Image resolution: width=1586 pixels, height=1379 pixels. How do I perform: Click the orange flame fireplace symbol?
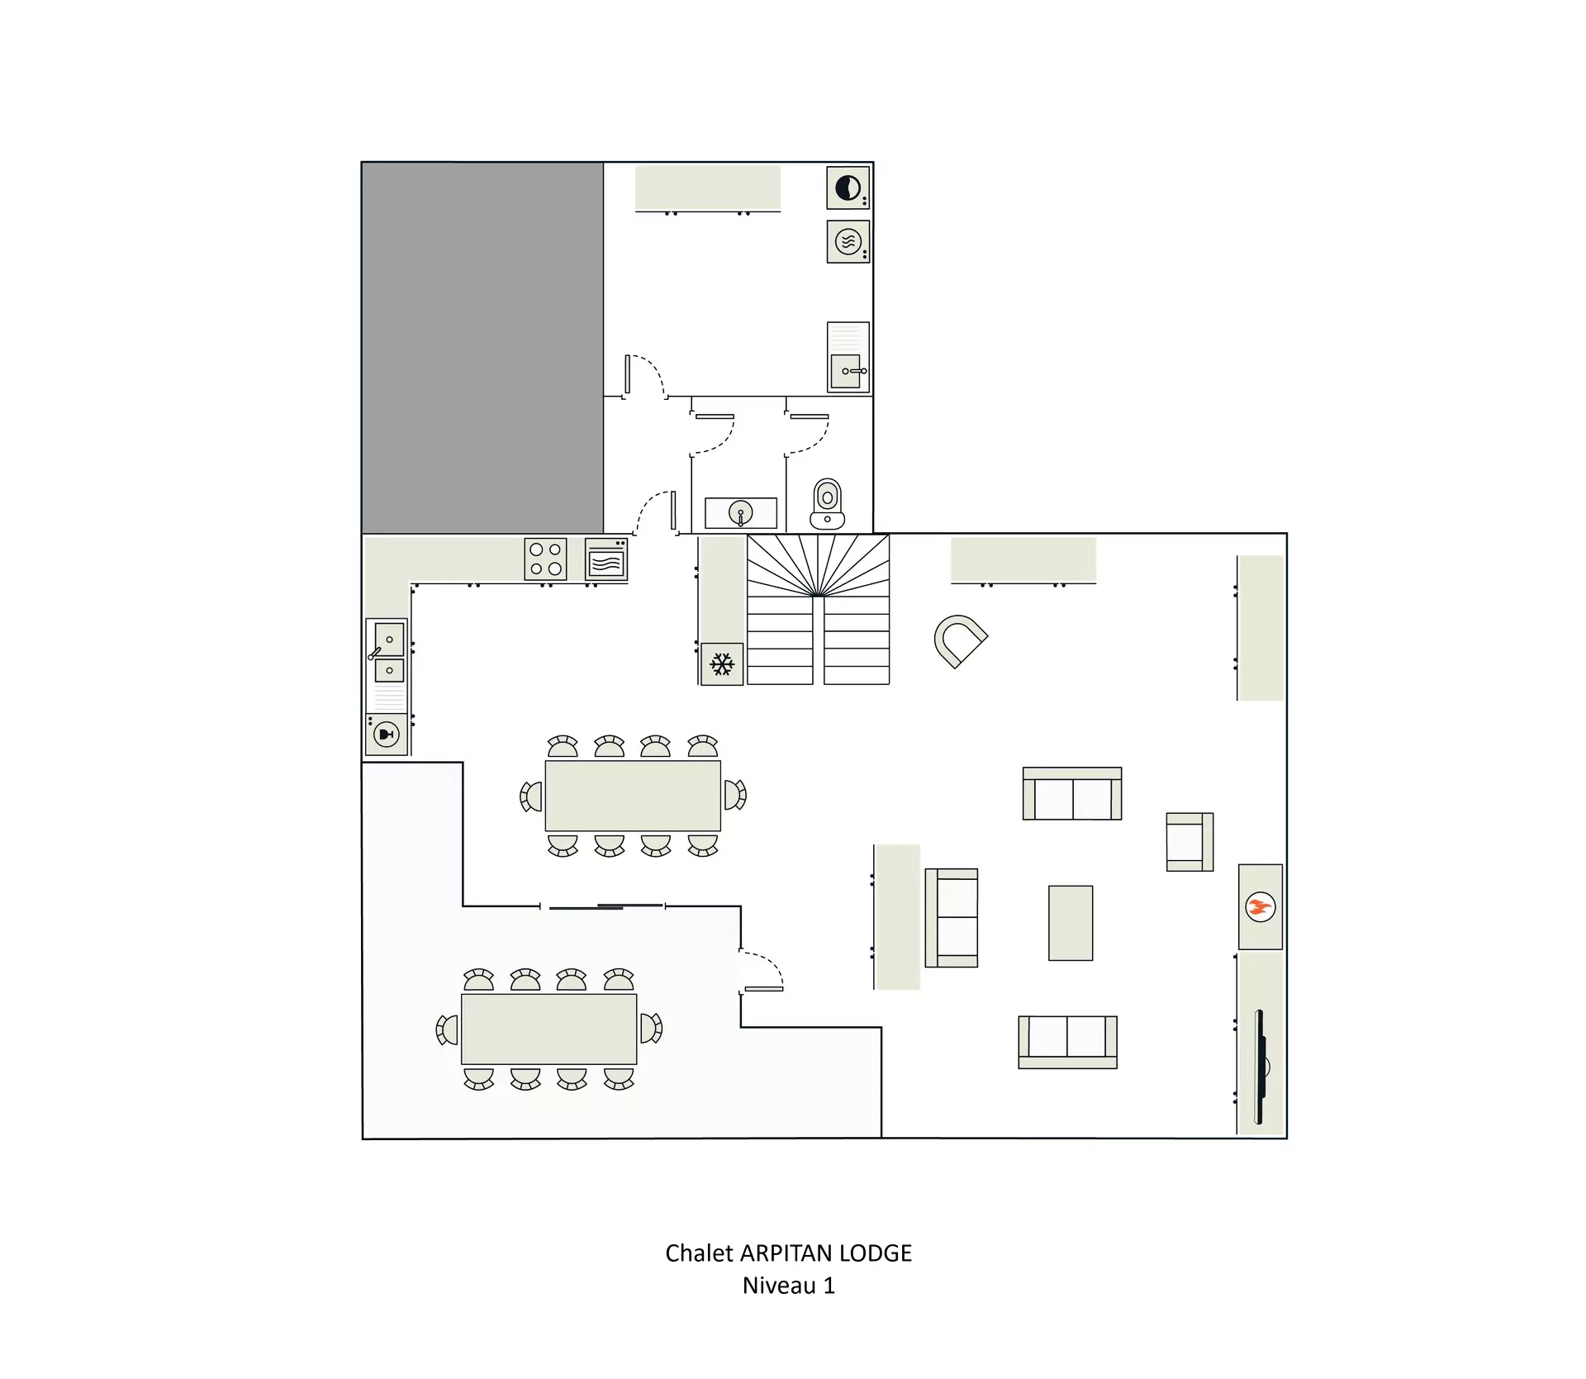tap(1260, 907)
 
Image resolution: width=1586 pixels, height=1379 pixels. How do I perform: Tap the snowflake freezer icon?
tap(722, 664)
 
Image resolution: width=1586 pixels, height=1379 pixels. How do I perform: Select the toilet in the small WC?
tap(827, 504)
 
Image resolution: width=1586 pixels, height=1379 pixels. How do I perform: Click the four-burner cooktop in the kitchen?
tap(545, 559)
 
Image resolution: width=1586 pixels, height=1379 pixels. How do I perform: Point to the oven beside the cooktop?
tap(606, 560)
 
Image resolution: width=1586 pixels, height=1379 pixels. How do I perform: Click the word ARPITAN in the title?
tap(786, 1253)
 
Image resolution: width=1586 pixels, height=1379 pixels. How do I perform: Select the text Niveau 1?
tap(789, 1286)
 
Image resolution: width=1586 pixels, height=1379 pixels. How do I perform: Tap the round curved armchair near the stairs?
tap(960, 641)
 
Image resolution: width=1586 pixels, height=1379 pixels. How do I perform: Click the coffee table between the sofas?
tap(1071, 923)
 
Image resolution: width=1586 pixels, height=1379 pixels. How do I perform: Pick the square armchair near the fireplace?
tap(1189, 842)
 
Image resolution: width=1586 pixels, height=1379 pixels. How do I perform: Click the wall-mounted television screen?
tap(1261, 1067)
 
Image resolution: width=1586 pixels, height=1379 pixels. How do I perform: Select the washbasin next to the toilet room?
tap(741, 513)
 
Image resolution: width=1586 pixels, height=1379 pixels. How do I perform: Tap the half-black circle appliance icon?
tap(848, 188)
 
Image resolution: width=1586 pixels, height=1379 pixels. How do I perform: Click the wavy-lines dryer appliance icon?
tap(848, 242)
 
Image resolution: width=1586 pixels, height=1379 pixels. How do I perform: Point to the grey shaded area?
tap(482, 348)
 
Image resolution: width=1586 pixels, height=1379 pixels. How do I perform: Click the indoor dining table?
tap(633, 796)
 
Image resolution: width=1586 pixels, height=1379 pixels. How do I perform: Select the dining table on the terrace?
tap(549, 1029)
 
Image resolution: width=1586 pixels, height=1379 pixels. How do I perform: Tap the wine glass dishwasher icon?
tap(387, 735)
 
